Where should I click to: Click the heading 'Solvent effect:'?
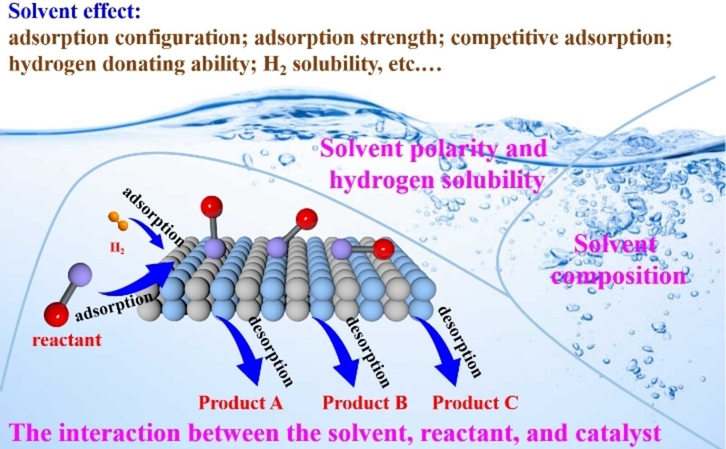[x=75, y=11]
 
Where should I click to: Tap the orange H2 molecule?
[x=118, y=221]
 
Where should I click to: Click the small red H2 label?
[x=117, y=249]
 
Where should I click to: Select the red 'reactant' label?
[x=67, y=340]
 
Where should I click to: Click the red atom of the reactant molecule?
[x=56, y=315]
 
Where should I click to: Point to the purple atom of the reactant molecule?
[x=80, y=274]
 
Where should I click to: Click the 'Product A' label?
[x=241, y=403]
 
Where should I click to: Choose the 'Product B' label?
[x=365, y=403]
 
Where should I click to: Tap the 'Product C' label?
[x=475, y=403]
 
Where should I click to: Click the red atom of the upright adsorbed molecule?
[x=212, y=207]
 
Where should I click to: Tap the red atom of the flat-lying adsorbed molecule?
[x=384, y=249]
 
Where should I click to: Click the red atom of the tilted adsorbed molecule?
[x=307, y=219]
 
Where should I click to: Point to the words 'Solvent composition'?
[x=618, y=260]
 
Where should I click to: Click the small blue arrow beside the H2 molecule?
[x=147, y=232]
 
